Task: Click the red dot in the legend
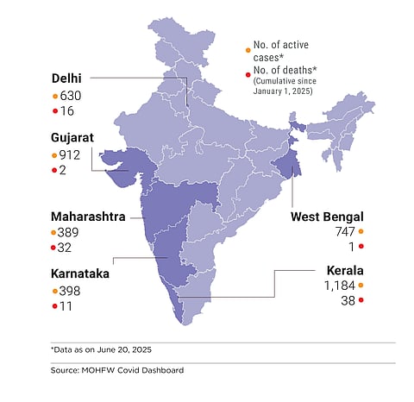(248, 73)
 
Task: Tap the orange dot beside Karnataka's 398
(54, 290)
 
